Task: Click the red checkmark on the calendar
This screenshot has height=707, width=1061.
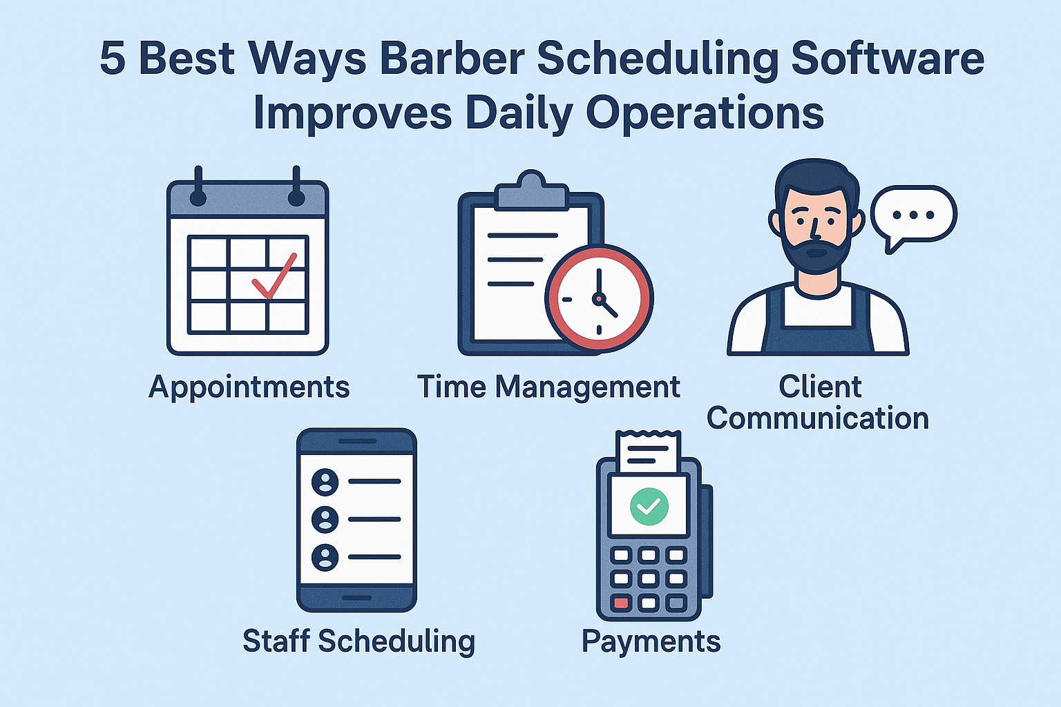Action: click(x=274, y=278)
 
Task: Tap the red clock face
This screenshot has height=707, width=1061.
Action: click(x=599, y=298)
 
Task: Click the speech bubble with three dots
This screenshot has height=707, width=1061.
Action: click(x=913, y=215)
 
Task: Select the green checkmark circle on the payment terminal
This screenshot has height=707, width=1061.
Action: click(x=649, y=505)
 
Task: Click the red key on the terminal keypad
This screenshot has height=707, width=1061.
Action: click(x=621, y=603)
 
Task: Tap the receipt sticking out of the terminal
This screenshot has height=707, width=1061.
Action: click(x=648, y=453)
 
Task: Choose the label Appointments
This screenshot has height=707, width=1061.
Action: click(x=249, y=387)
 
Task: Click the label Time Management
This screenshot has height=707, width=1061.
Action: click(x=548, y=387)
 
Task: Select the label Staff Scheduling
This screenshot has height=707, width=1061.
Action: click(x=359, y=641)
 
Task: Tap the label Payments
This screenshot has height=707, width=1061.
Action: click(x=651, y=641)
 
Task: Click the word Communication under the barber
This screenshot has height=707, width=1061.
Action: click(x=817, y=418)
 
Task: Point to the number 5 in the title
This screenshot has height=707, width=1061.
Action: click(x=113, y=58)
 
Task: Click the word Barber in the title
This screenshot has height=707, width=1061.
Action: click(x=452, y=58)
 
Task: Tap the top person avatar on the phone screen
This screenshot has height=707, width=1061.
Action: click(x=325, y=481)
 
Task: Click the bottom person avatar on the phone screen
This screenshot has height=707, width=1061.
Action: click(x=325, y=556)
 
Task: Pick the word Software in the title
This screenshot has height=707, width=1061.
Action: click(x=888, y=58)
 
